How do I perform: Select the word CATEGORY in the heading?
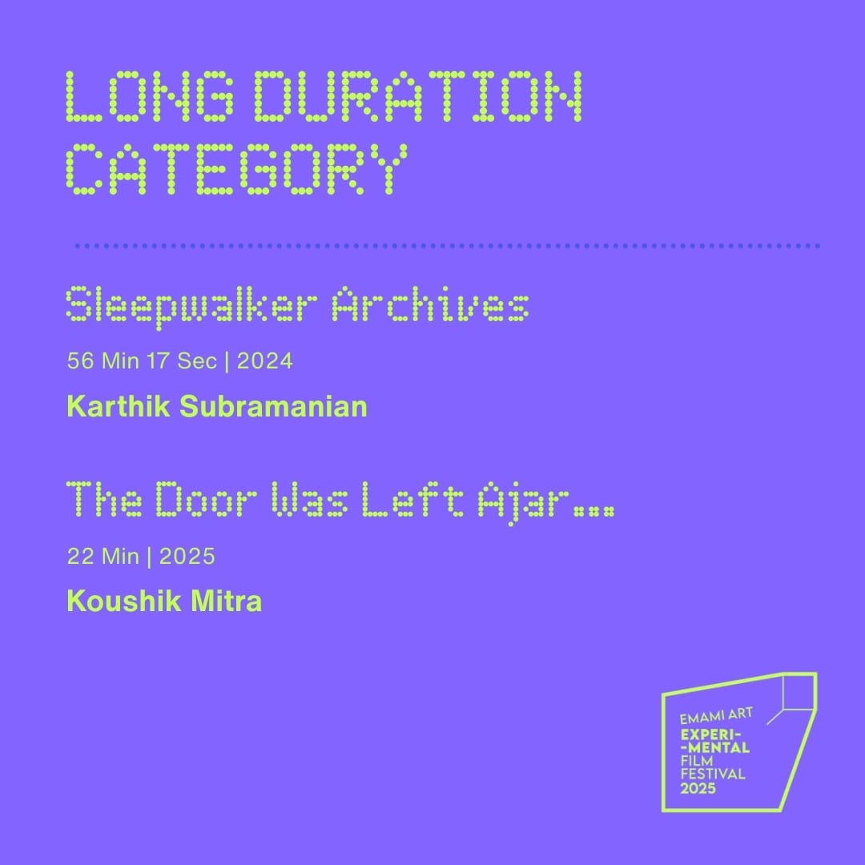pyautogui.click(x=237, y=169)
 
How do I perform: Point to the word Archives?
pyautogui.click(x=430, y=304)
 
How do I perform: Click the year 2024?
pyautogui.click(x=265, y=361)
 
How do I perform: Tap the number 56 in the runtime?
pyautogui.click(x=81, y=361)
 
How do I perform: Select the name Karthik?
pyautogui.click(x=119, y=407)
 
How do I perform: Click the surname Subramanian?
pyautogui.click(x=274, y=407)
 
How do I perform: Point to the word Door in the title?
pyautogui.click(x=207, y=499)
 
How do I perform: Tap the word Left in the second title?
pyautogui.click(x=412, y=499)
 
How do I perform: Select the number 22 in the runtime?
pyautogui.click(x=81, y=556)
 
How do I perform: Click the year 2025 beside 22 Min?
pyautogui.click(x=187, y=556)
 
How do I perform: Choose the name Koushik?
pyautogui.click(x=124, y=601)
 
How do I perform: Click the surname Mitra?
pyautogui.click(x=226, y=601)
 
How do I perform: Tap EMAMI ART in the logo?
pyautogui.click(x=716, y=717)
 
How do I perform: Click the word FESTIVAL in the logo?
pyautogui.click(x=713, y=774)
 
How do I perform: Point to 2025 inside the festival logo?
pyautogui.click(x=698, y=788)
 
